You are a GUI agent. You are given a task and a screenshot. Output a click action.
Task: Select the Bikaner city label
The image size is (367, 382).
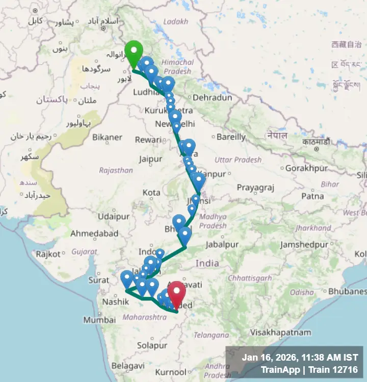(107, 137)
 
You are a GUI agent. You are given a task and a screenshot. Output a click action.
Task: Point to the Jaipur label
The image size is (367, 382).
(150, 159)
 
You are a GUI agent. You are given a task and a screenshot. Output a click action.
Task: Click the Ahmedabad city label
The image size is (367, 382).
(94, 234)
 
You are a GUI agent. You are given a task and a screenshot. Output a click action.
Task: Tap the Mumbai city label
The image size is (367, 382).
(100, 320)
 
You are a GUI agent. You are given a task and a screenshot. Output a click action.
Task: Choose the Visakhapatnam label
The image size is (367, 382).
(280, 333)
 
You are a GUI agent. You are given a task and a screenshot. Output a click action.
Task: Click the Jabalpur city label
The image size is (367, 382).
(221, 244)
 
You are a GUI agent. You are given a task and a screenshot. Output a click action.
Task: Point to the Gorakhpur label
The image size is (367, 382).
(305, 168)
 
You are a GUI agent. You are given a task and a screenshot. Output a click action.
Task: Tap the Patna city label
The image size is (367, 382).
(312, 196)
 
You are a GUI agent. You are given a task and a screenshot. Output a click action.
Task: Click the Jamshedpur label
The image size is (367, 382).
(304, 244)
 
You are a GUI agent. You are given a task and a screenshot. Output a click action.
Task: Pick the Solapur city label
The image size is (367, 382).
(152, 345)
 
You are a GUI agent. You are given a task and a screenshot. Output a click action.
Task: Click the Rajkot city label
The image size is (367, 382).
(48, 254)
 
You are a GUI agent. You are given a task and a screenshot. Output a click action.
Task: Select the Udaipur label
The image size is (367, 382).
(114, 216)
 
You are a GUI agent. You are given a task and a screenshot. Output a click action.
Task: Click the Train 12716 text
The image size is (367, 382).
(335, 370)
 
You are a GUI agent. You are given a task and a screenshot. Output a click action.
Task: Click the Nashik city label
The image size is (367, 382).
(115, 302)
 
